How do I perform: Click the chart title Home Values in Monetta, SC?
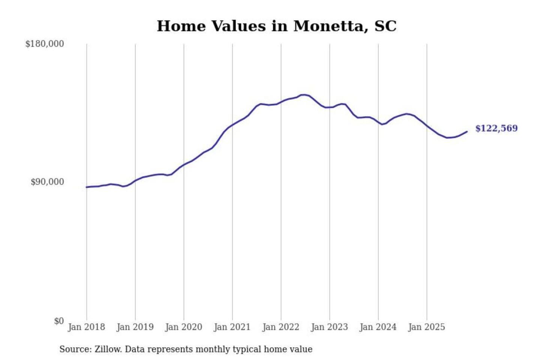pos(276,26)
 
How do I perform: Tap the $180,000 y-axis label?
pos(45,44)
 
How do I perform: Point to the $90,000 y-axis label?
pos(47,182)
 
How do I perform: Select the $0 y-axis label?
pos(59,321)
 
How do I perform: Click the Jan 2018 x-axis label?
pos(87,327)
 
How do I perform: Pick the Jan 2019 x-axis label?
pos(135,327)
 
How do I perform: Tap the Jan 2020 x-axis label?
pos(184,327)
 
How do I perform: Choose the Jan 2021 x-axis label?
pos(232,327)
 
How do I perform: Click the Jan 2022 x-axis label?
pos(281,327)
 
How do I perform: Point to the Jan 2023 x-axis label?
pos(330,327)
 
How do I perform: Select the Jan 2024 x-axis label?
pos(378,327)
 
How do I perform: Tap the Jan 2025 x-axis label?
pos(427,327)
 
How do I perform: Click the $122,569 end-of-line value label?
pos(496,128)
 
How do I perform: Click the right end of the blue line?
pos(467,131)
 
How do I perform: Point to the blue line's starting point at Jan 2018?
pos(87,187)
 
